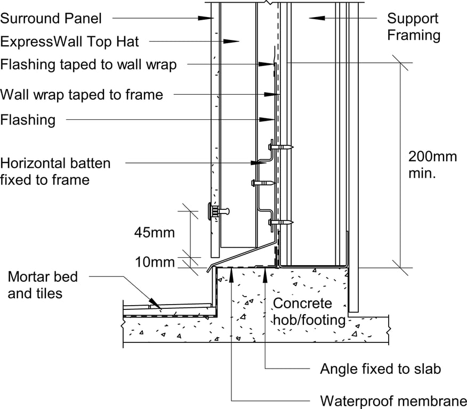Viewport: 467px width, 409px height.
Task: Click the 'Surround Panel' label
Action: click(51, 19)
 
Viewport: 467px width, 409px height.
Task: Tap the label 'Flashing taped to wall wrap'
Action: click(88, 64)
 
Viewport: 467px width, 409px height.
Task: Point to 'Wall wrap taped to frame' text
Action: click(82, 95)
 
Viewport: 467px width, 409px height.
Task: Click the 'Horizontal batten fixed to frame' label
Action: click(55, 171)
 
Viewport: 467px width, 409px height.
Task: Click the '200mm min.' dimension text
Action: click(432, 165)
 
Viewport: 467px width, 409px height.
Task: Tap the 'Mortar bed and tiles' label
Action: click(43, 285)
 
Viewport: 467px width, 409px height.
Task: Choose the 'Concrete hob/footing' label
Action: click(310, 312)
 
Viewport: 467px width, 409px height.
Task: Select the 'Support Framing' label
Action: click(413, 27)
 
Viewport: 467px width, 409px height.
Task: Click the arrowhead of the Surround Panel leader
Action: click(207, 18)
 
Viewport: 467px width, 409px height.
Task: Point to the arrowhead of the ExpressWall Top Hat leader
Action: click(233, 41)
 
